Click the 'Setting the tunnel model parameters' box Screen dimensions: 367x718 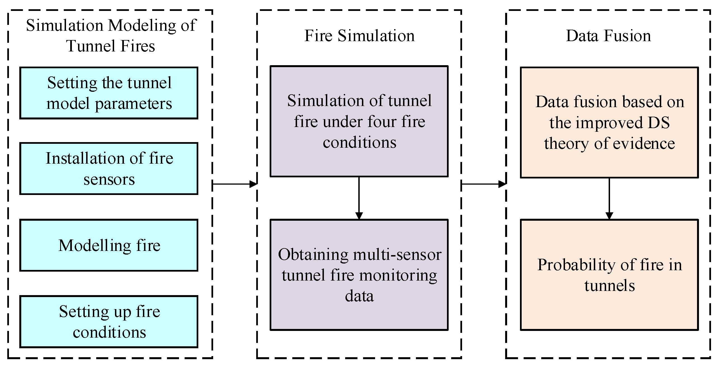pos(109,93)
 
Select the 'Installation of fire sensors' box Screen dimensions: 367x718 pos(109,168)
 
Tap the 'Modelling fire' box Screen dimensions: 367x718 pos(109,245)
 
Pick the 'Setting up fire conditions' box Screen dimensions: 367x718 pos(109,322)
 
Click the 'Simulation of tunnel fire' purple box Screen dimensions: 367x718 pos(359,121)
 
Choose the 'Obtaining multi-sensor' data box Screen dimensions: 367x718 pos(359,275)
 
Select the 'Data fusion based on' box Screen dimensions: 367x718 pos(609,123)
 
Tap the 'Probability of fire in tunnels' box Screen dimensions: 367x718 pos(609,275)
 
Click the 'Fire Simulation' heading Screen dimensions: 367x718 pos(359,36)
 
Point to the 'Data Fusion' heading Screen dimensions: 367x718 pos(608,36)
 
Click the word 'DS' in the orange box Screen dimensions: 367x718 pos(659,123)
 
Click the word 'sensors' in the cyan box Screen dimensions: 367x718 pos(109,179)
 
